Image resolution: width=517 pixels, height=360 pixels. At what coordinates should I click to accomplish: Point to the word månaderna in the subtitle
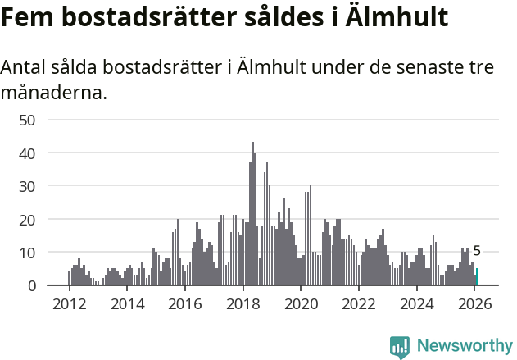(x=54, y=93)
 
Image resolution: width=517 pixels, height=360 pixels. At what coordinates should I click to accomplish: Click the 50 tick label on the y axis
(x=26, y=120)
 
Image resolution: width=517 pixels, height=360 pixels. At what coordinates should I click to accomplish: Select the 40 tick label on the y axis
(x=26, y=153)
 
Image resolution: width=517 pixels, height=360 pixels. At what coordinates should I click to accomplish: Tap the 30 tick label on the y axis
(x=26, y=186)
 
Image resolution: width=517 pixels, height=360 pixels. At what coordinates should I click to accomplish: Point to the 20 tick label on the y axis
(x=26, y=220)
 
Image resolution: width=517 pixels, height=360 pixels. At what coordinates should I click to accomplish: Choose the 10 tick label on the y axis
(x=26, y=253)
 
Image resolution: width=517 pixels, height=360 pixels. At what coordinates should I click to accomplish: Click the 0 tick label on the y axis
(x=31, y=286)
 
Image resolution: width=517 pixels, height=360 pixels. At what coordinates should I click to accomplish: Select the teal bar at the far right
(x=477, y=277)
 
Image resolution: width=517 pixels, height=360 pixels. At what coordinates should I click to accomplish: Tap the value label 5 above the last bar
(x=477, y=252)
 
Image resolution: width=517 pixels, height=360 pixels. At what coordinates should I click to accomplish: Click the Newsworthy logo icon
(x=400, y=347)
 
